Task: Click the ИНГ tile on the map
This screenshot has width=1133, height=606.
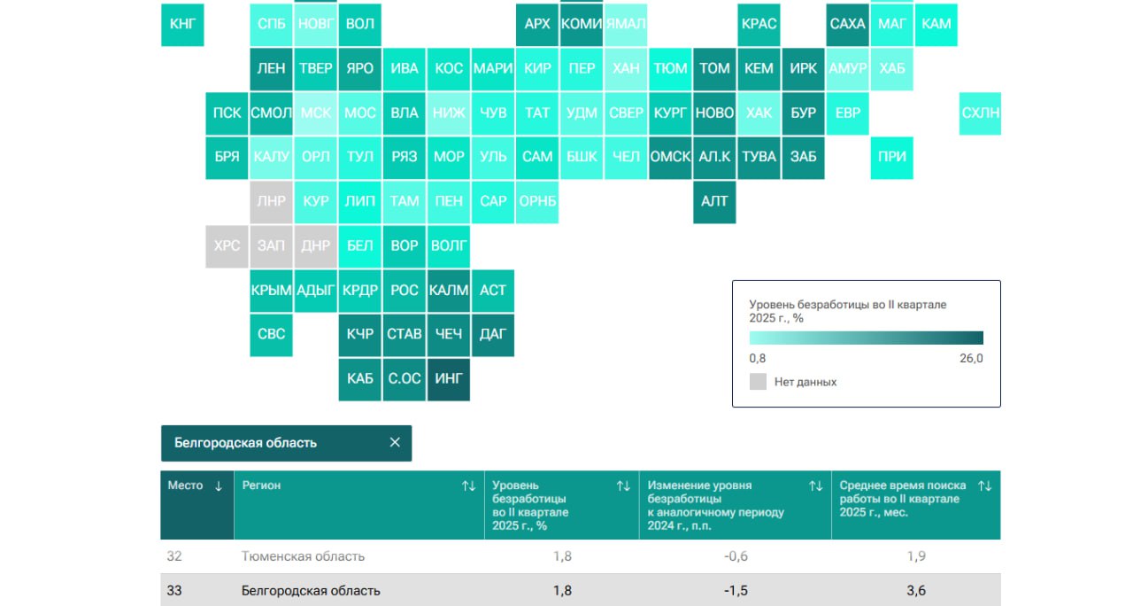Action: tap(449, 379)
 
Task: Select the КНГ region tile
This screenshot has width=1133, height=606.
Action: tap(182, 24)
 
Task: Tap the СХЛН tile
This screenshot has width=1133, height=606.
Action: tap(980, 113)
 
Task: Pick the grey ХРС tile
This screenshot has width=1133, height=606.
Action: tap(227, 245)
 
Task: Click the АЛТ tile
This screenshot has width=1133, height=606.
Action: tap(714, 201)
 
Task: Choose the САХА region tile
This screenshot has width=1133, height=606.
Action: tap(847, 24)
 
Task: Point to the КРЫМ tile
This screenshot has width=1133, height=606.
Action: tap(272, 290)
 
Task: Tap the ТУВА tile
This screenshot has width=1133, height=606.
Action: tap(759, 157)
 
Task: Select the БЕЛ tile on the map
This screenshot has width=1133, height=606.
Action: tap(360, 245)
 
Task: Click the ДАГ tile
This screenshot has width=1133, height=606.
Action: tap(493, 334)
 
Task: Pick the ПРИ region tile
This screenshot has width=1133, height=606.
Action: tap(891, 157)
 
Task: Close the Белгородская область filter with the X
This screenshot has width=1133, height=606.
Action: tap(395, 443)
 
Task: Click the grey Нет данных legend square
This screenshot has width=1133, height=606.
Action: tap(758, 382)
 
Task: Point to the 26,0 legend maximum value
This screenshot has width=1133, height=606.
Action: tap(971, 359)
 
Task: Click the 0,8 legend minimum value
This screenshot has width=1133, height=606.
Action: tap(758, 359)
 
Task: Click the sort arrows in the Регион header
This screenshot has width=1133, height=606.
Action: tap(469, 486)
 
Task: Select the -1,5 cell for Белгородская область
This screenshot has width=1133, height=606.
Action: tap(735, 591)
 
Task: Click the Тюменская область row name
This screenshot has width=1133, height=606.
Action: tap(303, 556)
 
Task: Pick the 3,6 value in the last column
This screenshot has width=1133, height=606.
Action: tap(916, 591)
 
